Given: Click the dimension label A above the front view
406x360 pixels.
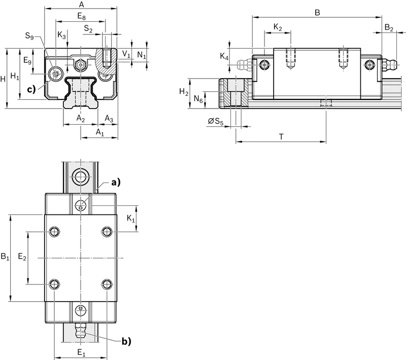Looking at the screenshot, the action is pos(82,5).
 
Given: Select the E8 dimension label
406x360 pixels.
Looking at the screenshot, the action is pos(81,17).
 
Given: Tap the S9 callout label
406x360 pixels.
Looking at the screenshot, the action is pos(29,35).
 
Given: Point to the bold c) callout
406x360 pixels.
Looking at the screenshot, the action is pos(31,89).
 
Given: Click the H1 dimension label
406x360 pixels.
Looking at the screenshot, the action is pos(15,76).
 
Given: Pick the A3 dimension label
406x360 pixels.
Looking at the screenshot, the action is pos(109,119).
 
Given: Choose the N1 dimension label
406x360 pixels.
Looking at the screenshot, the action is pos(142,55).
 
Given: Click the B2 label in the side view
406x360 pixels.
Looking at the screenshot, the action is pos(389,28).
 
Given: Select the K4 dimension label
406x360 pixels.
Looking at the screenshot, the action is pos(224,56).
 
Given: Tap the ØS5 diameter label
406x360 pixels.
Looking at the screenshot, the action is pos(215,121).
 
